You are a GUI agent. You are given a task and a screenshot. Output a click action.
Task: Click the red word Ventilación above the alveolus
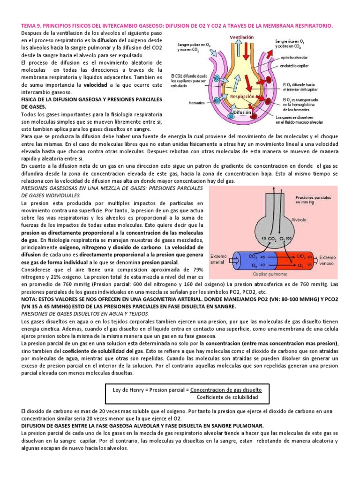[242, 37]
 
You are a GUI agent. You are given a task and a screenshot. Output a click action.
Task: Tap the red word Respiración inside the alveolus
[242, 96]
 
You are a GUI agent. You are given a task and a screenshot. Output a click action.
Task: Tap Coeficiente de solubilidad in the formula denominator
[227, 397]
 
